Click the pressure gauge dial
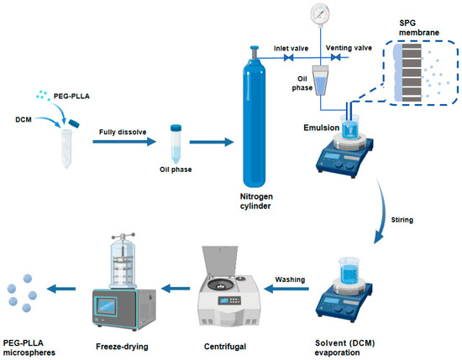point(320,13)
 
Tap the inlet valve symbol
point(288,58)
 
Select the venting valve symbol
point(336,57)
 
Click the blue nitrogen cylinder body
point(255,123)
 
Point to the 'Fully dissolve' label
point(123,132)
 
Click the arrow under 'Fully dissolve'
point(124,142)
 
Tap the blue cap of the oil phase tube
point(176,128)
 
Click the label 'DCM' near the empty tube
point(24,119)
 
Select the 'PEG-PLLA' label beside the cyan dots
point(71,97)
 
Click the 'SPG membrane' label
point(419,28)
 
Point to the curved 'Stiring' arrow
point(381,211)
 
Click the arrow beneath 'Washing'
point(286,289)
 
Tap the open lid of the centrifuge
point(219,262)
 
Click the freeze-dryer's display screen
point(106,306)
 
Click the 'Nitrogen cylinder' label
point(256,201)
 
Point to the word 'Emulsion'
point(322,128)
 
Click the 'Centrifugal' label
point(225,347)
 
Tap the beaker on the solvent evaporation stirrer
point(349,271)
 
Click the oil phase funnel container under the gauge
point(320,80)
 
